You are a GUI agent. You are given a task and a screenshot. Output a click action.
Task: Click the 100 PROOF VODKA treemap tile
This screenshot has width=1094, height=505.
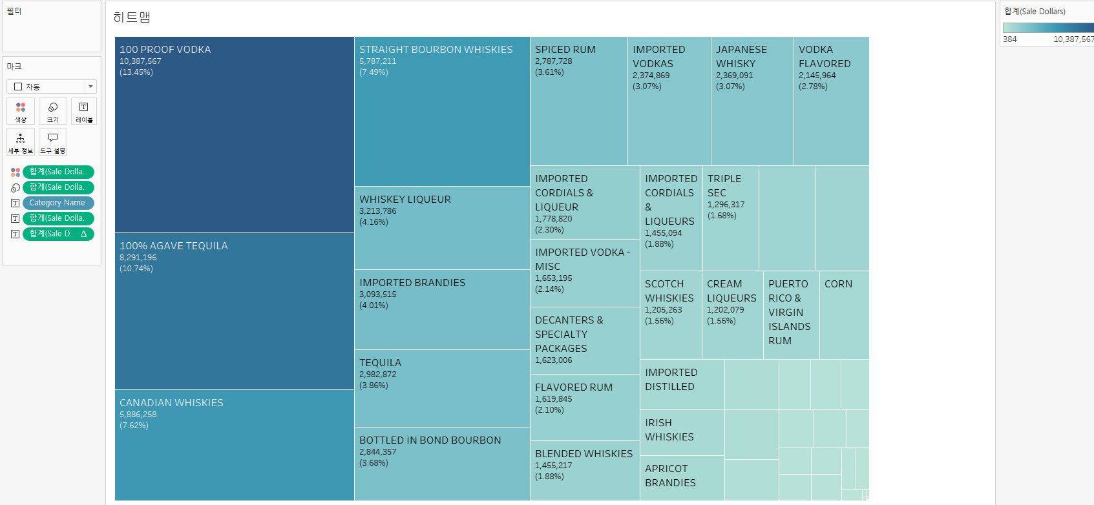(234, 134)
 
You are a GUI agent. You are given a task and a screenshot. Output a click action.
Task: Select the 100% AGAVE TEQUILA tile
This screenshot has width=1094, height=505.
(234, 311)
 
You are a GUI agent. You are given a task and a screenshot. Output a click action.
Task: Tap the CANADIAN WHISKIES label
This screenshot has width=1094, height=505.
(171, 403)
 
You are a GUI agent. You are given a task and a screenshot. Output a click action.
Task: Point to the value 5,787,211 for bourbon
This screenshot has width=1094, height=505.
(378, 61)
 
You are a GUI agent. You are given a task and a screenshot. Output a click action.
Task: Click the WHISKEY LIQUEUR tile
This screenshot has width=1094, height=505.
(442, 228)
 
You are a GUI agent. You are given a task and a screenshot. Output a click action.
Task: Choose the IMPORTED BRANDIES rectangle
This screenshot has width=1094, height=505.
(442, 310)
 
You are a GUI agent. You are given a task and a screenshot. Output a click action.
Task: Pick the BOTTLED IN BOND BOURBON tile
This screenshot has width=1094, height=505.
(442, 464)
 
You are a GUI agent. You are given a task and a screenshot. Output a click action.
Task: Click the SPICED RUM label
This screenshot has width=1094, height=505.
(565, 50)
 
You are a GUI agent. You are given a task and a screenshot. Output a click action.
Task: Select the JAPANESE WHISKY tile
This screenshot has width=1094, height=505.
(752, 101)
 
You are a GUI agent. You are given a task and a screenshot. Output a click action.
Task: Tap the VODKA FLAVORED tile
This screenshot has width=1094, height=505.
(831, 101)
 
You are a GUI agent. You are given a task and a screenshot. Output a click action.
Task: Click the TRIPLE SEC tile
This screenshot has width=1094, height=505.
(730, 218)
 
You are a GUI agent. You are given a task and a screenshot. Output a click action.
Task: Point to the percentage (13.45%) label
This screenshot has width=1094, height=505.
(136, 72)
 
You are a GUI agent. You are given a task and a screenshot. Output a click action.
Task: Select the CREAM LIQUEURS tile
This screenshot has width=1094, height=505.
(732, 315)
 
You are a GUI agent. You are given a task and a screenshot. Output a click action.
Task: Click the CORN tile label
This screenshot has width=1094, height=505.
(838, 284)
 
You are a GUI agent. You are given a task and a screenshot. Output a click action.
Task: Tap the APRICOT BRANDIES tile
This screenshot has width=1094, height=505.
(682, 478)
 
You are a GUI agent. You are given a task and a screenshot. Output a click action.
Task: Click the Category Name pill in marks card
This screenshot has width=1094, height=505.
(58, 203)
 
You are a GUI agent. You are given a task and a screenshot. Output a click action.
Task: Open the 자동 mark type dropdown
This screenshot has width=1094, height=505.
(52, 87)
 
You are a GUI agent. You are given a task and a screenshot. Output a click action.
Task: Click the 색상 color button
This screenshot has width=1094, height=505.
(21, 111)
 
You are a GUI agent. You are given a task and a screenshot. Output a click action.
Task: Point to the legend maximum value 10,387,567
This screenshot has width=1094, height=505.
(1073, 39)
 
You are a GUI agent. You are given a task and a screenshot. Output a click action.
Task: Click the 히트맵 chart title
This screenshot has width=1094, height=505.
(132, 17)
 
